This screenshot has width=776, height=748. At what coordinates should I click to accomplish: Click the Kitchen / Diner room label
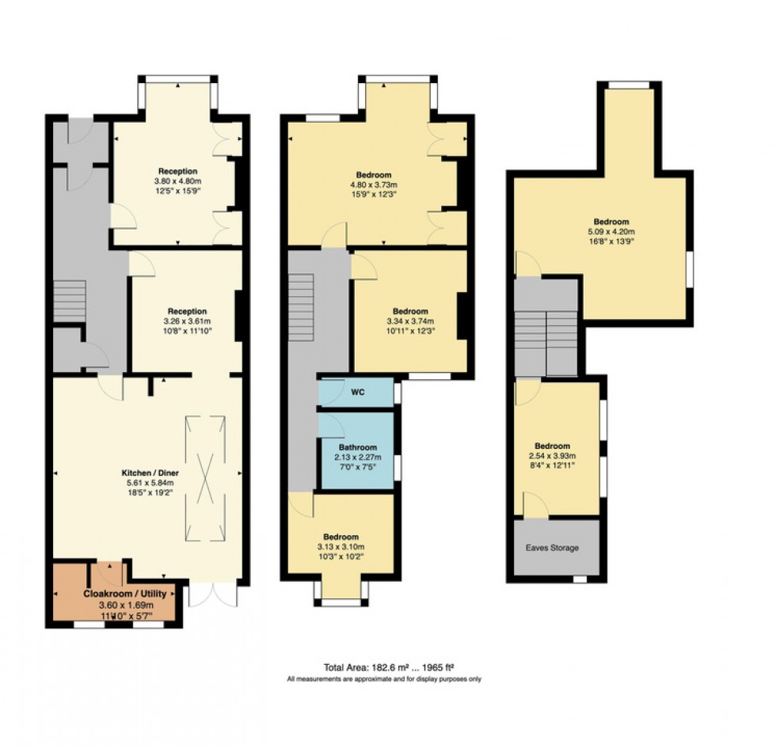(149, 471)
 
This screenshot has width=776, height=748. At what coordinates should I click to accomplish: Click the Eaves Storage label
(553, 548)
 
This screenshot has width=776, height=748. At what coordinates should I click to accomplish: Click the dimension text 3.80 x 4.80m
(177, 181)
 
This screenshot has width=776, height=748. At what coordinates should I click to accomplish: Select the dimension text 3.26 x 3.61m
(187, 321)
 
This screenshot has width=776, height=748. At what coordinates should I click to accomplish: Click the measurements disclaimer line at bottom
(384, 679)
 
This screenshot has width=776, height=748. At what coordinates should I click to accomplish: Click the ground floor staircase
(70, 301)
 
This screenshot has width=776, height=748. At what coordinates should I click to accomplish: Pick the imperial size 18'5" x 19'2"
(149, 492)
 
